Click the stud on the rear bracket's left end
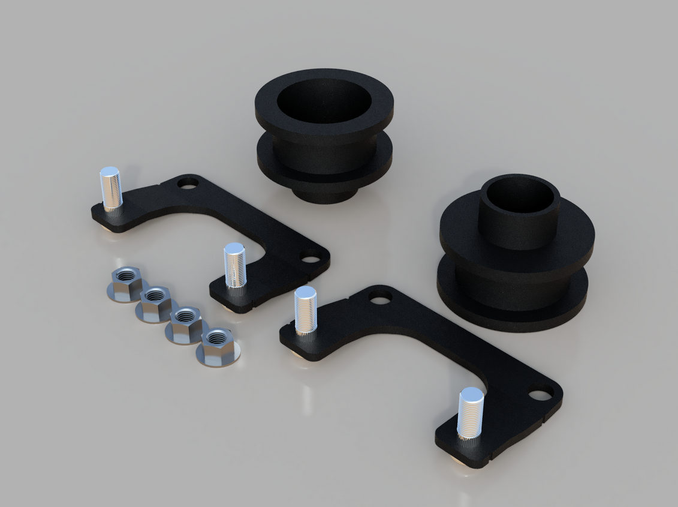coord(111,189)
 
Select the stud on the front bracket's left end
coord(305,310)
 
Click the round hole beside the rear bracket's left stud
coord(189,182)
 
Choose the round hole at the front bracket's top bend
coord(379,296)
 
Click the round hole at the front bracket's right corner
coord(541,394)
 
